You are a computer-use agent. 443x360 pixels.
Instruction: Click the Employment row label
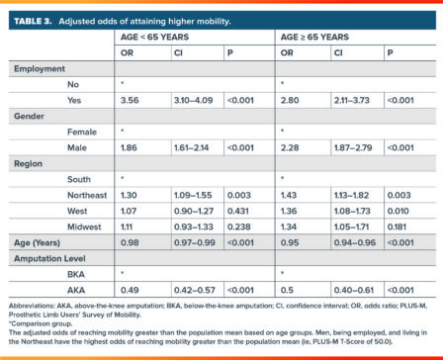pyautogui.click(x=39, y=69)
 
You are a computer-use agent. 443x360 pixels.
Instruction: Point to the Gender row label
pyautogui.click(x=30, y=116)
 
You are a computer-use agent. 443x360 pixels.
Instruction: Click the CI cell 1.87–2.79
pyautogui.click(x=354, y=146)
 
